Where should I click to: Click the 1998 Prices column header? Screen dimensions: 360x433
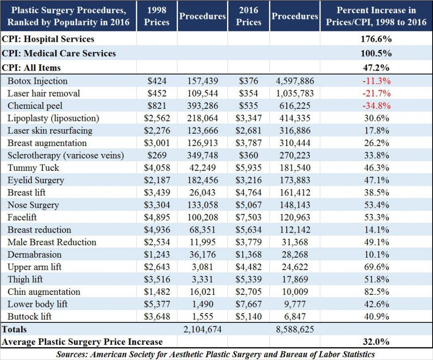[156, 16]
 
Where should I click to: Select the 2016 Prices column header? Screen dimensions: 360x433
[249, 16]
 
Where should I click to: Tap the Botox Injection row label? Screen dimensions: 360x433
[38, 81]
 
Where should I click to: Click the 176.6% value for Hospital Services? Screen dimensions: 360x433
[376, 39]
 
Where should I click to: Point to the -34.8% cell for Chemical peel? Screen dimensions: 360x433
[376, 106]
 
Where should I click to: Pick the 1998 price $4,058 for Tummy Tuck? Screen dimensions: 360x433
[156, 168]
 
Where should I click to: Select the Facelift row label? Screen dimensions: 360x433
[22, 217]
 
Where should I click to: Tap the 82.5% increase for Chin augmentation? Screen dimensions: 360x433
[376, 292]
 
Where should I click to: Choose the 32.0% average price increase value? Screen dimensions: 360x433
[376, 342]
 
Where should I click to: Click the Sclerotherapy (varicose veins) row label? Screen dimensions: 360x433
[66, 155]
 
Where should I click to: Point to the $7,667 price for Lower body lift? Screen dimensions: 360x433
[249, 304]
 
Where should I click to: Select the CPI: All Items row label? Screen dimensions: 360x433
[31, 68]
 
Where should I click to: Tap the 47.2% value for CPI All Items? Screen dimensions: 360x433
[376, 68]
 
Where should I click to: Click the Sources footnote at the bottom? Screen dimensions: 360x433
[216, 354]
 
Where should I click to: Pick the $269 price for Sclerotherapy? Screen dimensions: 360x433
[156, 155]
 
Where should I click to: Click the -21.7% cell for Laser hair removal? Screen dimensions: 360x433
[376, 93]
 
